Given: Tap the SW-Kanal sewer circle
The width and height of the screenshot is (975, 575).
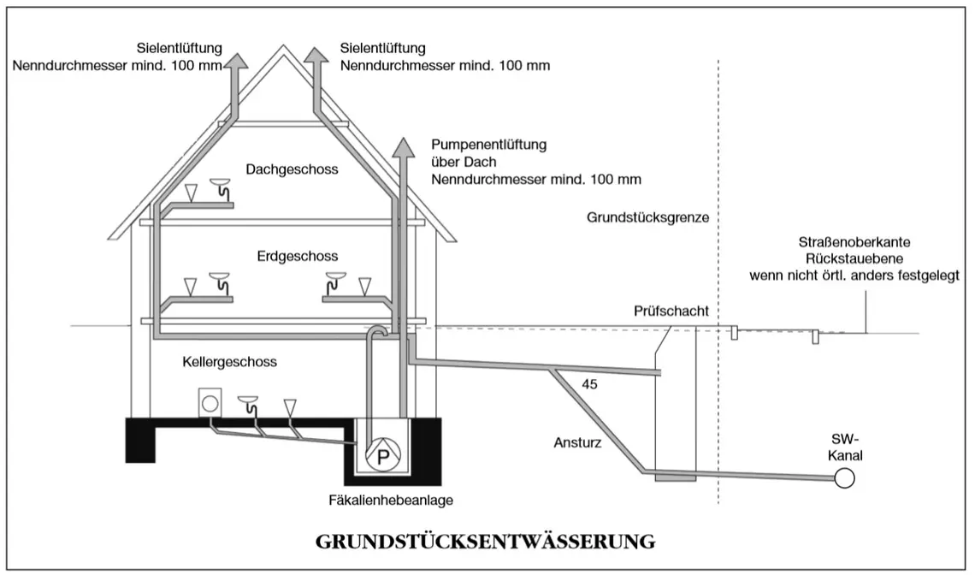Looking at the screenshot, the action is pyautogui.click(x=844, y=478).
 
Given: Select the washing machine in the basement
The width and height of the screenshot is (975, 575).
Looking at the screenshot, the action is pyautogui.click(x=210, y=403).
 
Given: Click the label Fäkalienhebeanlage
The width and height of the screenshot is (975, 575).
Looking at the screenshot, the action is pyautogui.click(x=391, y=500).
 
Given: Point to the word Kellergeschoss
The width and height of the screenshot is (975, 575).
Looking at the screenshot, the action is pyautogui.click(x=229, y=362).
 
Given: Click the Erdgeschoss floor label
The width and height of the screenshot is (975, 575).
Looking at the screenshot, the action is pyautogui.click(x=298, y=256).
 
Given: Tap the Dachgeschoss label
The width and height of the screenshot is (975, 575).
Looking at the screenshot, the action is pyautogui.click(x=292, y=169).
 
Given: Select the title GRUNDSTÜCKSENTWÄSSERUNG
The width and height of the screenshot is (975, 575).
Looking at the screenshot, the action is pyautogui.click(x=485, y=542).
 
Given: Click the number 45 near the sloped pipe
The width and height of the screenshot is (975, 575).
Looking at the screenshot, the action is pyautogui.click(x=589, y=384).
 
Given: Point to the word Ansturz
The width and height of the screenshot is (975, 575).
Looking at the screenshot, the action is pyautogui.click(x=577, y=443).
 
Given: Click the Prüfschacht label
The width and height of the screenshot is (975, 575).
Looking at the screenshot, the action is pyautogui.click(x=671, y=311).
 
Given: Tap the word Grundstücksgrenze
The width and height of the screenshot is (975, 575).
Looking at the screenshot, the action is pyautogui.click(x=648, y=218).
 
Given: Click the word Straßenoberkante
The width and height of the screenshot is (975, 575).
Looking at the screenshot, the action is pyautogui.click(x=854, y=242).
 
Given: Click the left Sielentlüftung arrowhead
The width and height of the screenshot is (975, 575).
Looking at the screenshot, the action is pyautogui.click(x=236, y=60).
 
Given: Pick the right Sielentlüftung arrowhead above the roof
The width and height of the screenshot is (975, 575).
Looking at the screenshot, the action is pyautogui.click(x=316, y=56).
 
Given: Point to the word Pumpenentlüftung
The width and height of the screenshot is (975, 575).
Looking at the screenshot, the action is pyautogui.click(x=488, y=145).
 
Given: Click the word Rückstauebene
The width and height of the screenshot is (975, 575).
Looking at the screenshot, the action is pyautogui.click(x=854, y=258).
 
